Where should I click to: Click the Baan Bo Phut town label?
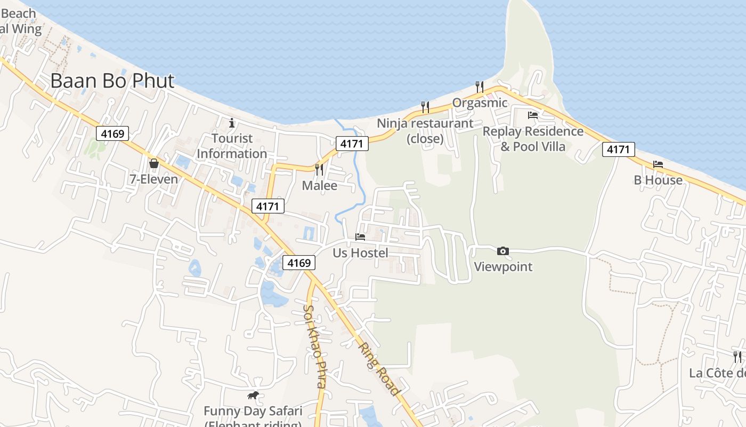pos(112,81)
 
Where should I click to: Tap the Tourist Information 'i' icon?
pos(231,123)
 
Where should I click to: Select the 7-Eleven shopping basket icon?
pos(154,163)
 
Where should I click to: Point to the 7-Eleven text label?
pos(154,179)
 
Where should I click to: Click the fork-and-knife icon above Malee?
pos(319,169)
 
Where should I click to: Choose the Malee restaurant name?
pos(320,186)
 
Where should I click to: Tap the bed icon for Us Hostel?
pos(360,236)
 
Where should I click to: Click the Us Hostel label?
pos(360,253)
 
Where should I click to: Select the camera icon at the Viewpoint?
pos(502,251)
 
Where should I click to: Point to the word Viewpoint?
pos(503,267)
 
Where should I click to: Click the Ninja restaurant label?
pos(425,131)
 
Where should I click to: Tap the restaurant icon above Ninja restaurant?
pos(425,107)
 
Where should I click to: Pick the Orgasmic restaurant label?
pos(480,102)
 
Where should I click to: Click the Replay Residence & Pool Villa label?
pos(533,139)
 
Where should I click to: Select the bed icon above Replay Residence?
pos(532,115)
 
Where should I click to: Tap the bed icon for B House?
pos(658,164)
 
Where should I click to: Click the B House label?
pos(658,180)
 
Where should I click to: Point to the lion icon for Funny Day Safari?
pos(253,396)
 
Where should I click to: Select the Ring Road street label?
pos(378,369)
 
